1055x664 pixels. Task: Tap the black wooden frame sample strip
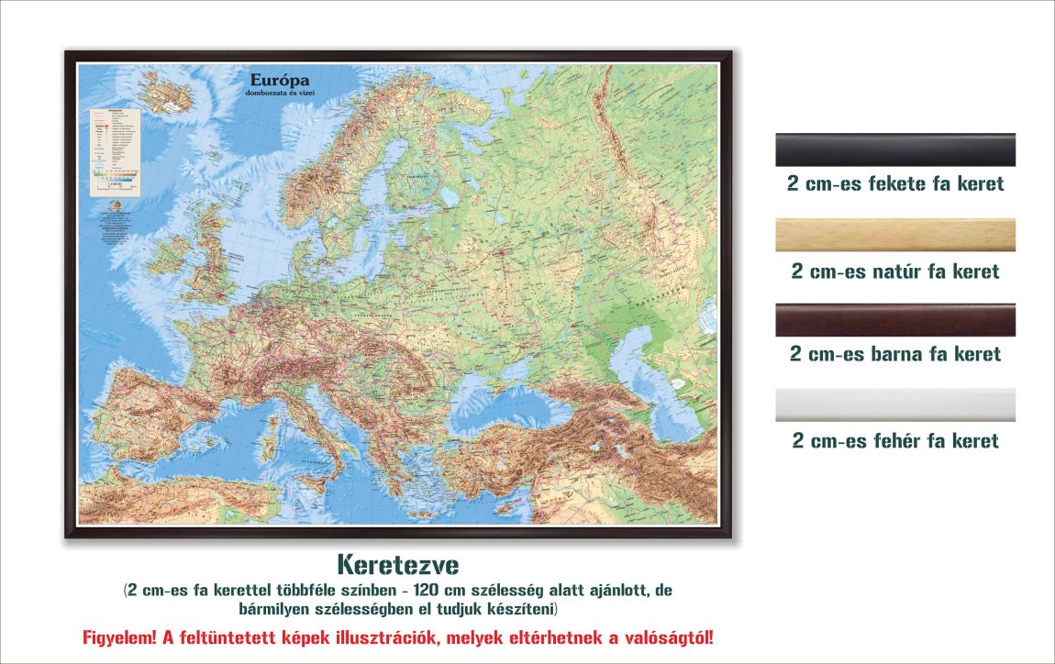click(895, 149)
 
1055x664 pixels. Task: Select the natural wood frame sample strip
click(895, 236)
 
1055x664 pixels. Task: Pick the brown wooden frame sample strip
click(895, 320)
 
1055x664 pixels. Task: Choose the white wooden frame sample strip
click(895, 404)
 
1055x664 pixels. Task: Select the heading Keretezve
click(397, 561)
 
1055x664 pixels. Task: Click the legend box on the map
click(115, 151)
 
